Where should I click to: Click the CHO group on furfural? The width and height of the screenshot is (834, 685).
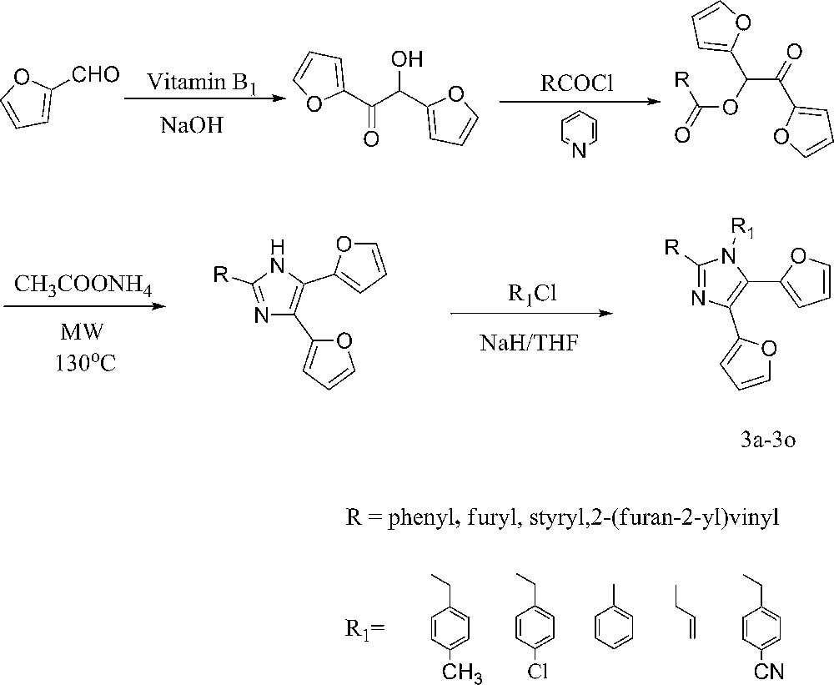point(97,76)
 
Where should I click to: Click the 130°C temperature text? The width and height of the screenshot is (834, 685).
point(83,363)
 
